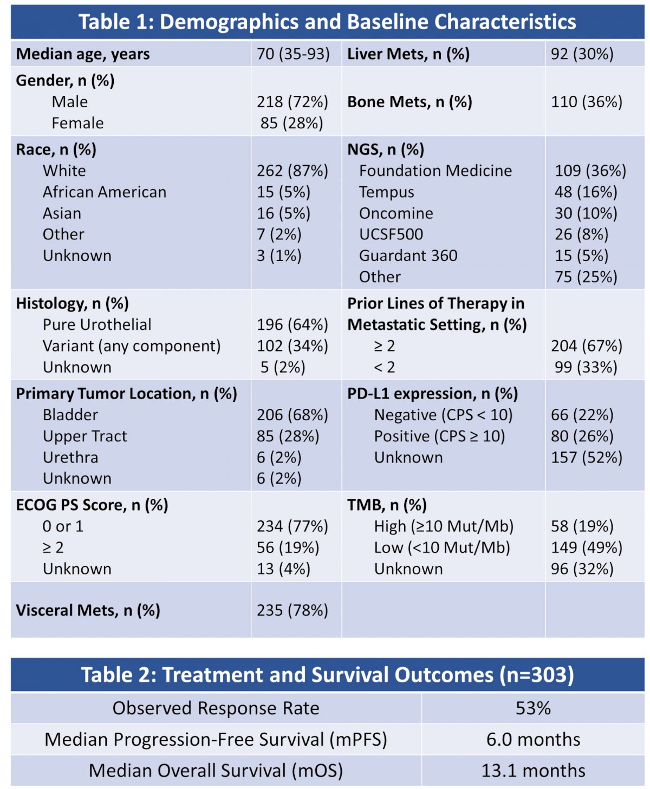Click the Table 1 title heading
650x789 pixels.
[x=327, y=22]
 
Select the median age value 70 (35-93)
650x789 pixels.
[x=293, y=54]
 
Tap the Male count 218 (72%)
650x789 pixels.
[x=292, y=102]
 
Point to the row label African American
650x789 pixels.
[x=105, y=192]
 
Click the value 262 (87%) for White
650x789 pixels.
[x=292, y=171]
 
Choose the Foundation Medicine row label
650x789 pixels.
[x=435, y=171]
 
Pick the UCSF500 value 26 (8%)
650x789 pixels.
[x=582, y=234]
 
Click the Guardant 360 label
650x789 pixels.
[x=408, y=256]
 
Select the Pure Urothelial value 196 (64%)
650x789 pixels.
[x=292, y=324]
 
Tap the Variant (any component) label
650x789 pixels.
[x=132, y=346]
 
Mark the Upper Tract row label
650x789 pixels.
[x=84, y=436]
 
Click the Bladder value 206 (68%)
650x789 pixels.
[x=292, y=415]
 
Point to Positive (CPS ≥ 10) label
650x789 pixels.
[x=439, y=436]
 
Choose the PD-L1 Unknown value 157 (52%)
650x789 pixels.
[x=587, y=457]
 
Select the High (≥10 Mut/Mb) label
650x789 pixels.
[x=444, y=526]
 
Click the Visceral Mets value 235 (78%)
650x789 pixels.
[x=292, y=610]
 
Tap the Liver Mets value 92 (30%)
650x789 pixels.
[x=582, y=54]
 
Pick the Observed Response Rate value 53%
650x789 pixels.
[x=533, y=708]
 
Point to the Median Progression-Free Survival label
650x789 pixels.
[x=216, y=740]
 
